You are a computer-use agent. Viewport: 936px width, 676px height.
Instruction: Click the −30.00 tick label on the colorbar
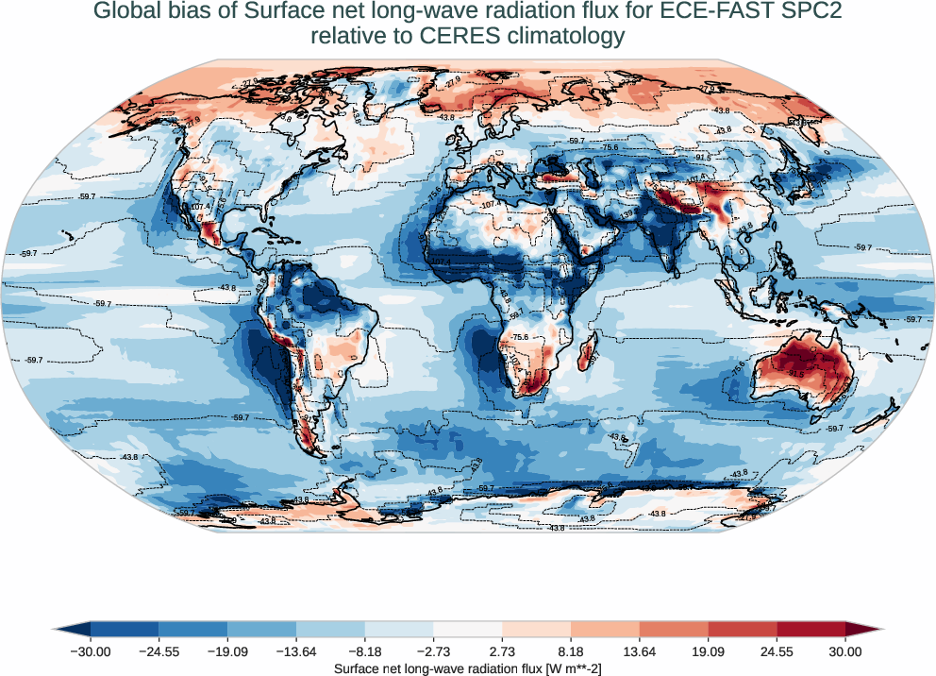pos(91,651)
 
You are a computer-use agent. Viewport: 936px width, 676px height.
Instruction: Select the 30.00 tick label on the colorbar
pos(845,651)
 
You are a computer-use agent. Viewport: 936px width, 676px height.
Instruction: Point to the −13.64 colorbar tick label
pos(296,651)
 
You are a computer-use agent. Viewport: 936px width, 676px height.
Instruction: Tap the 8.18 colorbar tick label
pos(571,651)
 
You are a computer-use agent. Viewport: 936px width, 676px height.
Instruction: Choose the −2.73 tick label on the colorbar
pos(433,651)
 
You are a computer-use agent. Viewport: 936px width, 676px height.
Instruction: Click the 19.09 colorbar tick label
pos(708,651)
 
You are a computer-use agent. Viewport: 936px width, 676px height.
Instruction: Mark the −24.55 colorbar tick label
pos(159,651)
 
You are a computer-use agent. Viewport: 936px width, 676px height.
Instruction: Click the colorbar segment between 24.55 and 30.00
pos(811,630)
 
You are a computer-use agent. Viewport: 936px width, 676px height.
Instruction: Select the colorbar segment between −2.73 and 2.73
pos(468,630)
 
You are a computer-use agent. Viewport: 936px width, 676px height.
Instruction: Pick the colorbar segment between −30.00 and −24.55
pos(125,630)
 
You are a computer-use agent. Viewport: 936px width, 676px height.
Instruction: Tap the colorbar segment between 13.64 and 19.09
pos(674,630)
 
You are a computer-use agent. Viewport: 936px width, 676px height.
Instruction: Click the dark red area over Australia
pos(797,363)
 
